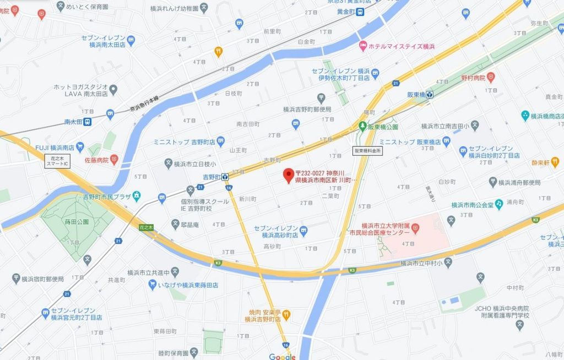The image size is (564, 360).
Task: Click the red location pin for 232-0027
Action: point(288,176)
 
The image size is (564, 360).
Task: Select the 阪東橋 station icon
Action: point(430,94)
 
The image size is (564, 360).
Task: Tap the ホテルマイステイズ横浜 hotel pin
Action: point(362,46)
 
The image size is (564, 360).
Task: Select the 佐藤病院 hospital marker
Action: point(114,160)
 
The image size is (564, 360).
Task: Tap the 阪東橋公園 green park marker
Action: point(362,127)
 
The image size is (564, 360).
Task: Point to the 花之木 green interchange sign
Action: point(145,227)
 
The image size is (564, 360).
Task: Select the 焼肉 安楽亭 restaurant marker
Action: point(286,315)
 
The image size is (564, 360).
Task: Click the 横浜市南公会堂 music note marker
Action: point(499,205)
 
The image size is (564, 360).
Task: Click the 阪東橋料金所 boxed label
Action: point(367,150)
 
